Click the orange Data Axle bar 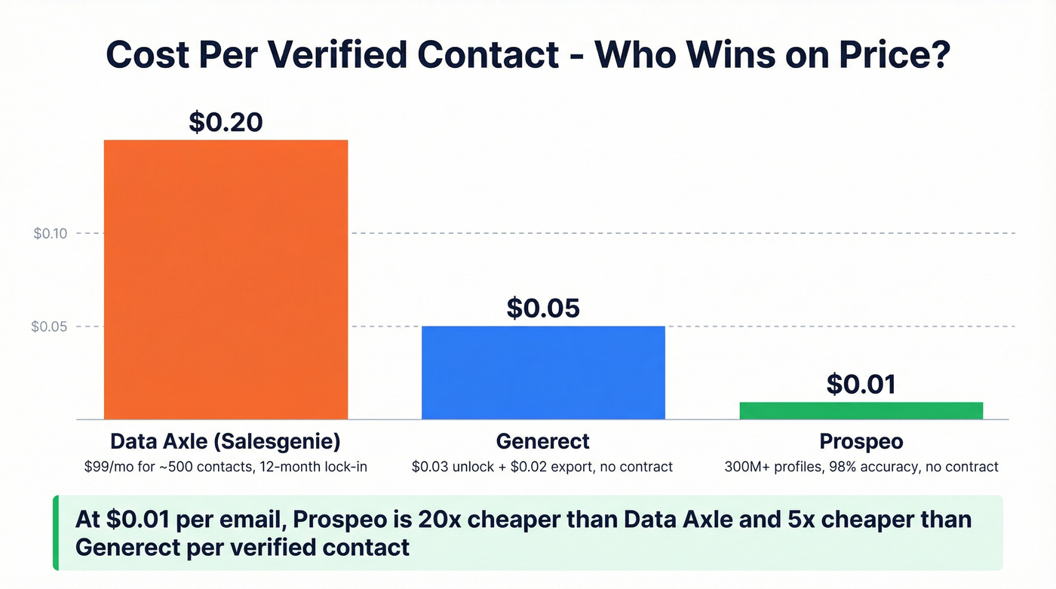[x=226, y=279]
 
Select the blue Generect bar [x=543, y=373]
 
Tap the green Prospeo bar [x=861, y=410]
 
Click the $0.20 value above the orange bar [x=226, y=121]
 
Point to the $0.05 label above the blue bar [x=543, y=308]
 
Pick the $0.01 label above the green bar [x=861, y=384]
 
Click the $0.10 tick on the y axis [x=51, y=234]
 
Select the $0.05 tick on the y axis [x=49, y=327]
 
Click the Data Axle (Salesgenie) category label [x=226, y=441]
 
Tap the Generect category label [x=543, y=441]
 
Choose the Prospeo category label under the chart [x=861, y=441]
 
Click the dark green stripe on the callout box [x=55, y=532]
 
